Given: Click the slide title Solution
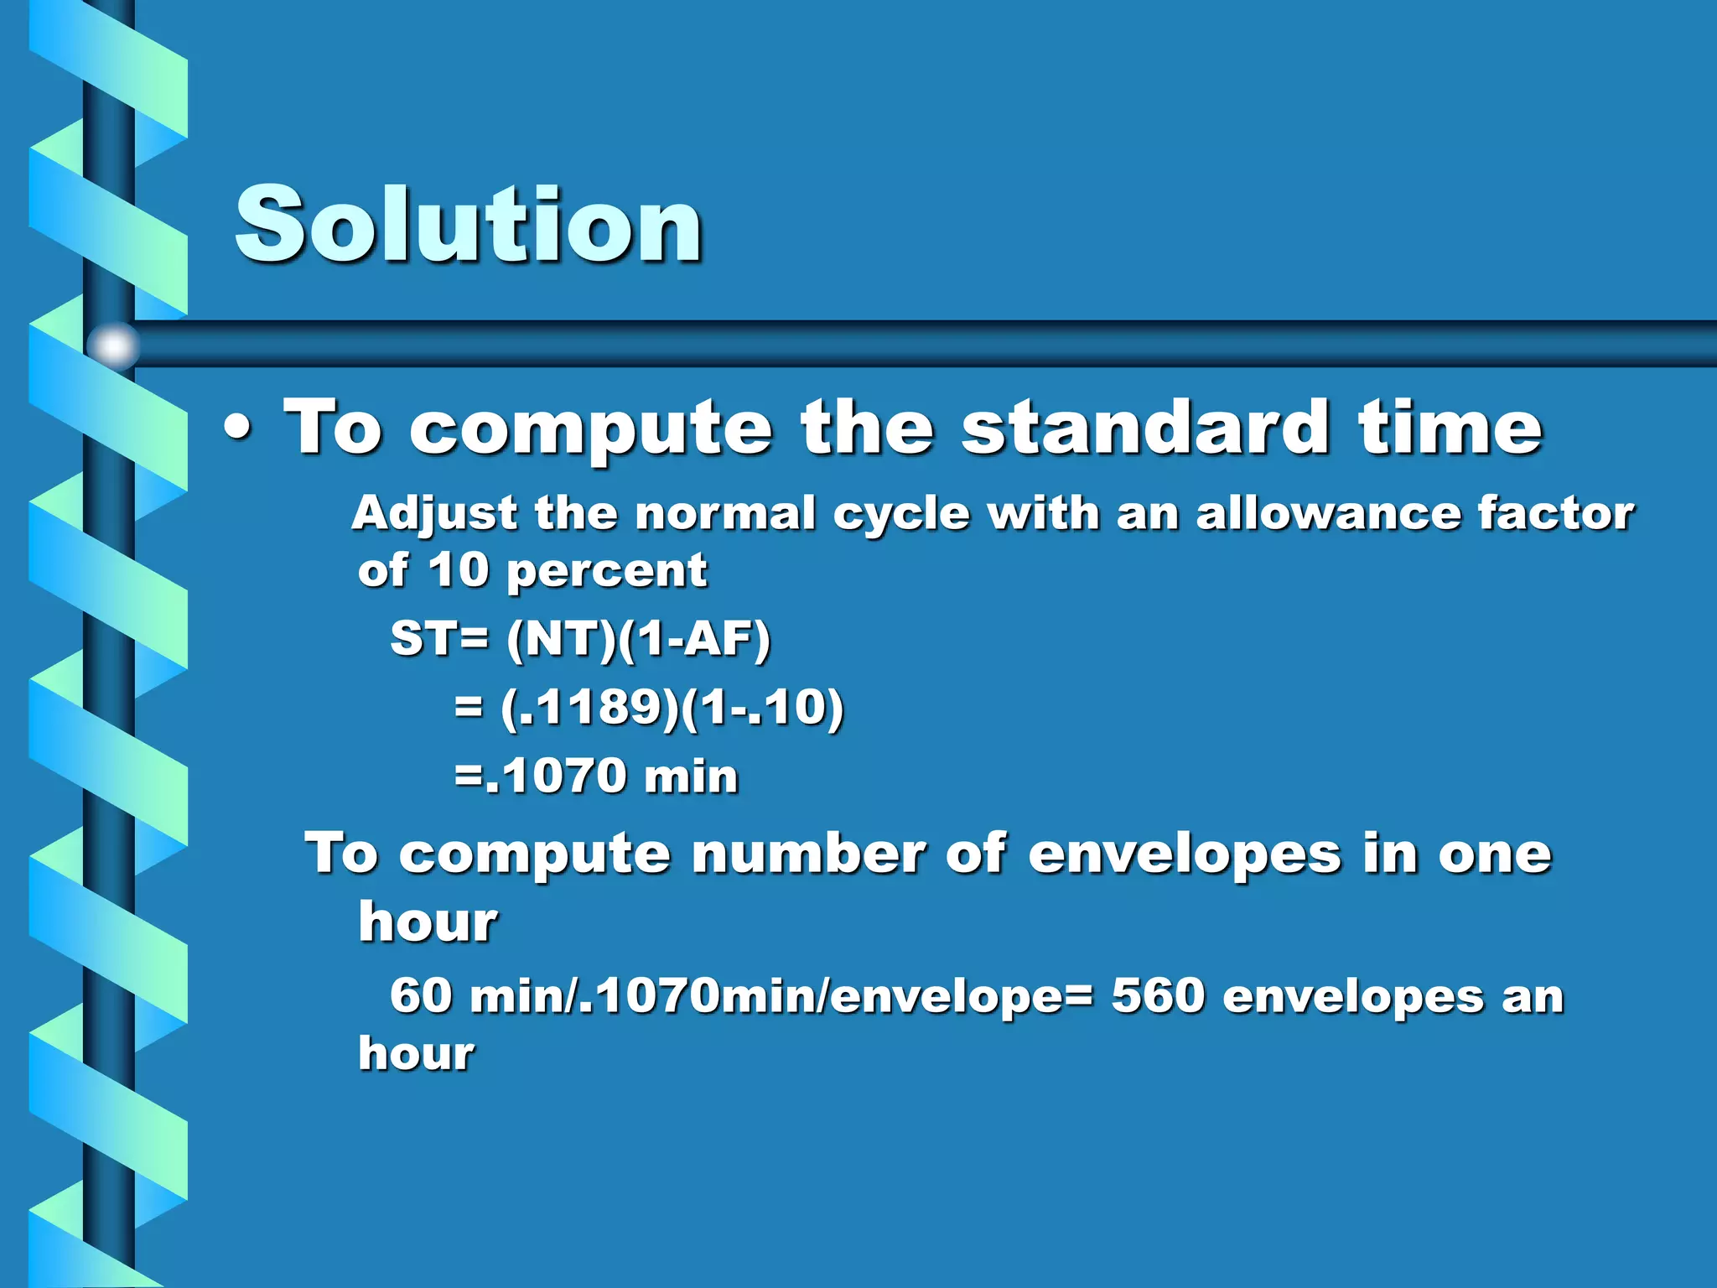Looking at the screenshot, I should click(x=468, y=225).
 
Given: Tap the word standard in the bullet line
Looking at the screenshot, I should click(x=1144, y=428).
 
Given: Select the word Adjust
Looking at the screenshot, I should click(x=434, y=513).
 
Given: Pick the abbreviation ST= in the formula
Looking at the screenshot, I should click(x=438, y=639).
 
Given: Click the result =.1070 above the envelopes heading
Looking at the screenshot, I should click(x=541, y=776).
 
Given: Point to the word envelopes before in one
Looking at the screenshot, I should click(x=1184, y=854).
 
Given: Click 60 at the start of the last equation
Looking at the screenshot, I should click(x=421, y=996).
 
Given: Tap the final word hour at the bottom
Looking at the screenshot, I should click(x=416, y=1053).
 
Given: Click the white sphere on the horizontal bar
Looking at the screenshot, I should click(x=114, y=345).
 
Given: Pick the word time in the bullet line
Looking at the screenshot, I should click(x=1450, y=428).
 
